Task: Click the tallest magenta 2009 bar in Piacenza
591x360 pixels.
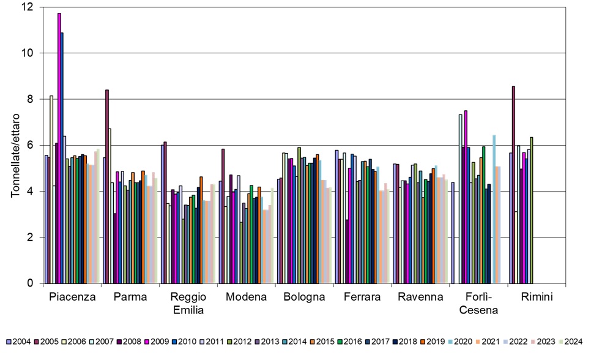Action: [59, 147]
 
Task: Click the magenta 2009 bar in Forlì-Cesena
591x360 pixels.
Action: [466, 197]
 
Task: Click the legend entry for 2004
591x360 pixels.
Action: [19, 342]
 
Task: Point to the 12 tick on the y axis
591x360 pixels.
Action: [28, 7]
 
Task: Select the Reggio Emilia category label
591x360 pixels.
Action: [189, 303]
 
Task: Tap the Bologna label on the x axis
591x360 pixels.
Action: [303, 298]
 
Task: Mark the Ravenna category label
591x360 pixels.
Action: [419, 298]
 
